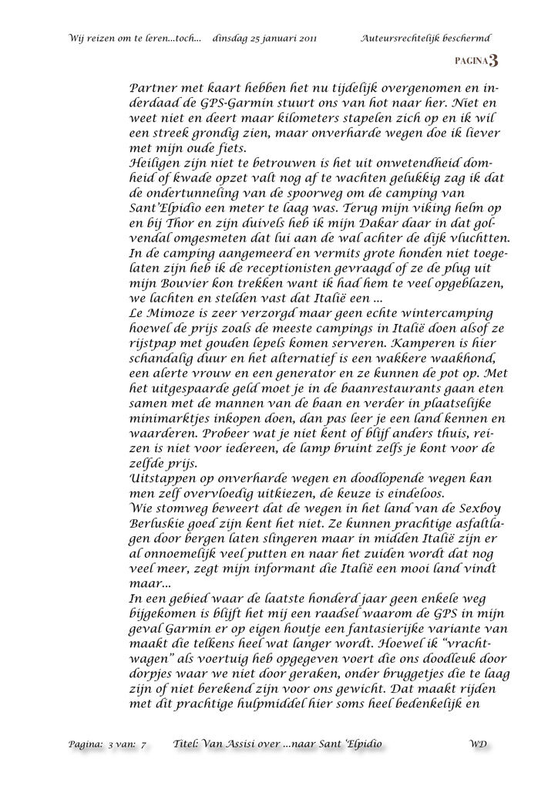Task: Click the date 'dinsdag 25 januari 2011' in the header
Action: click(x=263, y=38)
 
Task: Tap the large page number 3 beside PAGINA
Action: click(x=492, y=61)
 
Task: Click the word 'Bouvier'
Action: click(x=176, y=284)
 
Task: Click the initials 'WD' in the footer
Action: click(x=477, y=744)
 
